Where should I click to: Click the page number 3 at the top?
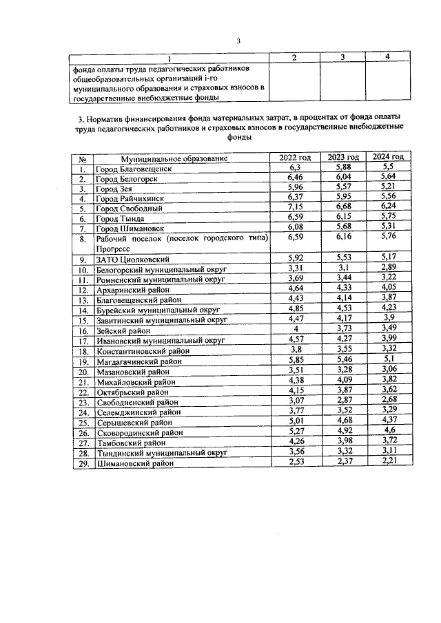click(238, 41)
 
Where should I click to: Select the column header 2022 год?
click(294, 158)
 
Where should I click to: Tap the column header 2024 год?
click(388, 158)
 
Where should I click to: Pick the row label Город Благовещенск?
click(133, 168)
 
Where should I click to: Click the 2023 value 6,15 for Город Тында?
click(339, 218)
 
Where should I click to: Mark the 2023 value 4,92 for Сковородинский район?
click(339, 432)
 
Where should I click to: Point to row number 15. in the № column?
click(82, 320)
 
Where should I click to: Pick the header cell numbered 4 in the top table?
click(388, 56)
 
